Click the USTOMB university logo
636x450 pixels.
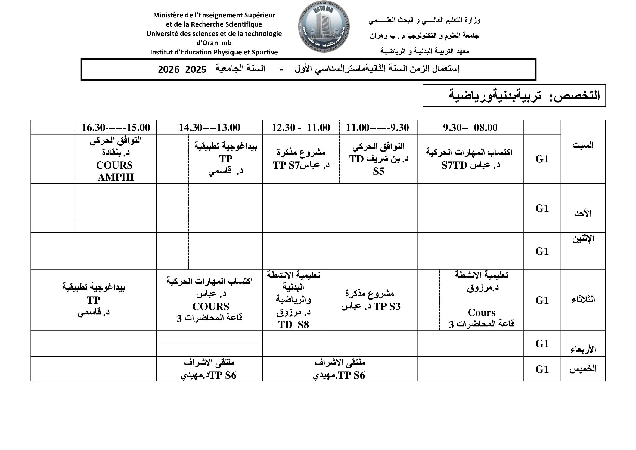point(324,27)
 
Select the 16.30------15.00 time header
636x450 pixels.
point(116,127)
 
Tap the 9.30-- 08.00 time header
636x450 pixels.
point(470,127)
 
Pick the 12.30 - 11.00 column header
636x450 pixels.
point(301,127)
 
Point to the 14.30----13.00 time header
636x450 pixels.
point(209,127)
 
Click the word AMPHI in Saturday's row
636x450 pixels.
point(116,177)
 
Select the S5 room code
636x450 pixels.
point(379,171)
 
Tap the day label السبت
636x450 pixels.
point(583,145)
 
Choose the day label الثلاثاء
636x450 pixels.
point(583,300)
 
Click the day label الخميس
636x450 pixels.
point(583,369)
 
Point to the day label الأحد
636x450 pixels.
point(583,213)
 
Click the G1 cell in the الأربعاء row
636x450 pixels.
point(542,344)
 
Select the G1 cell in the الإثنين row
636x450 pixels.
point(542,251)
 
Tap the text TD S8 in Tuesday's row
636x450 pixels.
point(293,325)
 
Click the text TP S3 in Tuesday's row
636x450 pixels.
point(387,306)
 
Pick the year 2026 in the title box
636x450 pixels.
point(168,70)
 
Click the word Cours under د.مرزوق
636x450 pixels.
point(482,312)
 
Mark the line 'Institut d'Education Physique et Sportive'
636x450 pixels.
point(214,52)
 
